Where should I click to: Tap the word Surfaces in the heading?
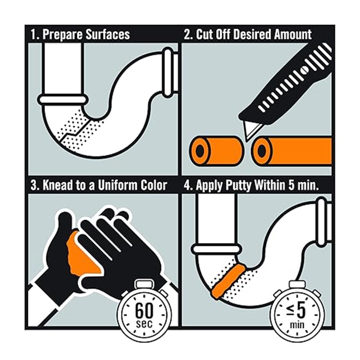(108, 34)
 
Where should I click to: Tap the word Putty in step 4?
(238, 185)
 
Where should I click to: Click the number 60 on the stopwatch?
(144, 310)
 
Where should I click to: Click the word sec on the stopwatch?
(144, 324)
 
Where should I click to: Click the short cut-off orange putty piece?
(216, 150)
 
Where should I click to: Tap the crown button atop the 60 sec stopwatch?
(144, 284)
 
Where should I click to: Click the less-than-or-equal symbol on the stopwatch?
(290, 310)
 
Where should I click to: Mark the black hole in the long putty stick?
(261, 150)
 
